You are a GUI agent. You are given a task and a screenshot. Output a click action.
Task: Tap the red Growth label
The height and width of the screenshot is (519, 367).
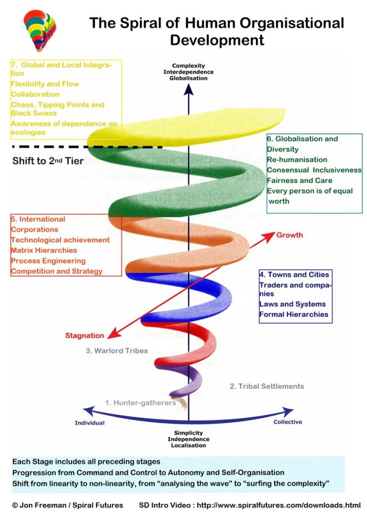(x=289, y=235)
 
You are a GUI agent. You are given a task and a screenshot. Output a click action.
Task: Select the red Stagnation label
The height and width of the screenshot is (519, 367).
(x=85, y=336)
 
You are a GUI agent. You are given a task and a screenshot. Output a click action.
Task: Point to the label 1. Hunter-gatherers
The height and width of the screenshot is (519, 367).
(x=140, y=402)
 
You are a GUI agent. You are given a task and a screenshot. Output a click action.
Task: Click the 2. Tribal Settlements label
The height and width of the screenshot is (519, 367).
(x=267, y=386)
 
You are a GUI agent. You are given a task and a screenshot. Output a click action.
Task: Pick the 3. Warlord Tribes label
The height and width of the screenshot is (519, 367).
(x=117, y=351)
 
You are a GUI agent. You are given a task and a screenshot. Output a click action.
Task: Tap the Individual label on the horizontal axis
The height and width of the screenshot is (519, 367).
(x=90, y=423)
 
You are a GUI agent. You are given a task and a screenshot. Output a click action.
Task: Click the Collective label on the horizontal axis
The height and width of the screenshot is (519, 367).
(x=287, y=422)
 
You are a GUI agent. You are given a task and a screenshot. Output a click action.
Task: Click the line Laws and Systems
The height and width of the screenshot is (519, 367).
(x=292, y=304)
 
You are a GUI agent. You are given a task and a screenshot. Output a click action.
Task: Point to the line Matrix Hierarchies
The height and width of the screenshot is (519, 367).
(x=44, y=250)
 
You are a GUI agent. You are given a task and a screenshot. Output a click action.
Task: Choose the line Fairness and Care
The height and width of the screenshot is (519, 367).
(x=300, y=180)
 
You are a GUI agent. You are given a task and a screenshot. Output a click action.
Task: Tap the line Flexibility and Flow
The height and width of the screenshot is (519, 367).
(x=45, y=84)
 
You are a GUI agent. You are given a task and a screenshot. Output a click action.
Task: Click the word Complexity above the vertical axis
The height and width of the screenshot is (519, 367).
(x=189, y=66)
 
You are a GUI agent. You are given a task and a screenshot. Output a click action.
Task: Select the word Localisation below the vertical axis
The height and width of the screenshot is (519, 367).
(x=188, y=446)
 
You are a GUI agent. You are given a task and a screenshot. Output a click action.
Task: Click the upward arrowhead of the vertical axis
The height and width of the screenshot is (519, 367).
(x=189, y=90)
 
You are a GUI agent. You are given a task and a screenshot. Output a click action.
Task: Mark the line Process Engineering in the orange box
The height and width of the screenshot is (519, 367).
(x=48, y=261)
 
